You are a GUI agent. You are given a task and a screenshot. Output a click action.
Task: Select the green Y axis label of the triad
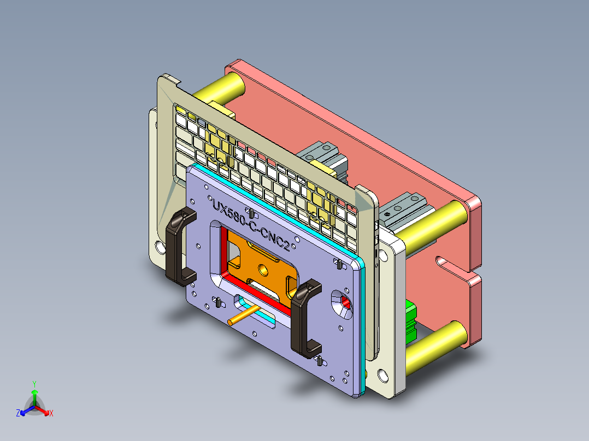[34, 383]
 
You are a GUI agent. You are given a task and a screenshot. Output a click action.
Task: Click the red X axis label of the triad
[51, 414]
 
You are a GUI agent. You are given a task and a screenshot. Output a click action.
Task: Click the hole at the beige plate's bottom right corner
[382, 375]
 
